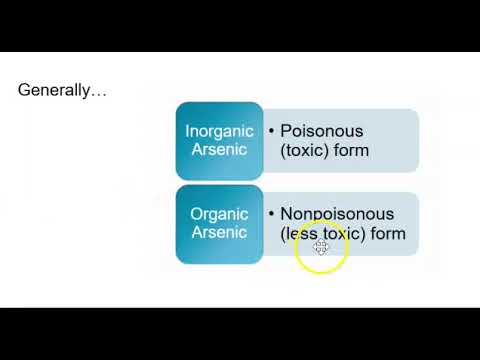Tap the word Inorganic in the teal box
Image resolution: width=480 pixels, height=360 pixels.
219,131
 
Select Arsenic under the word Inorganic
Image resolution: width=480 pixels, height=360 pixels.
219,150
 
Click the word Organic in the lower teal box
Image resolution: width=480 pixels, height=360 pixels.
219,214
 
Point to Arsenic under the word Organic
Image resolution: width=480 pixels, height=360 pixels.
219,233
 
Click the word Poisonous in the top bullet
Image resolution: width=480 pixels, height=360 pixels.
321,131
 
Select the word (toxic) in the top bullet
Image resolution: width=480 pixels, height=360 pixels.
304,150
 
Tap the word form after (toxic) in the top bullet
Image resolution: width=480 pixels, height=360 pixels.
350,150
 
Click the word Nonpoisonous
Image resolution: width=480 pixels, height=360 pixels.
337,214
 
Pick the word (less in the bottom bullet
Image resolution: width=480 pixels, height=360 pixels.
298,233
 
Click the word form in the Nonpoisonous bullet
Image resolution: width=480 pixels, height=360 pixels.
387,233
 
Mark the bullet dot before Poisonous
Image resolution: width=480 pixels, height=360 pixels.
272,131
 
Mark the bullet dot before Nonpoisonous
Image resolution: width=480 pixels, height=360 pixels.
272,214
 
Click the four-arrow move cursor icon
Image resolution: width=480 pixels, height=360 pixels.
321,246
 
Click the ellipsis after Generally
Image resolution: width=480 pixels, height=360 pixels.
99,92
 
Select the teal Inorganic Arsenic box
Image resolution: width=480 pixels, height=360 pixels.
219,140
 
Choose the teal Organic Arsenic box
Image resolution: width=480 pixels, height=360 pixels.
219,223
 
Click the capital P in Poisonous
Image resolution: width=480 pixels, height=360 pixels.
286,131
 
